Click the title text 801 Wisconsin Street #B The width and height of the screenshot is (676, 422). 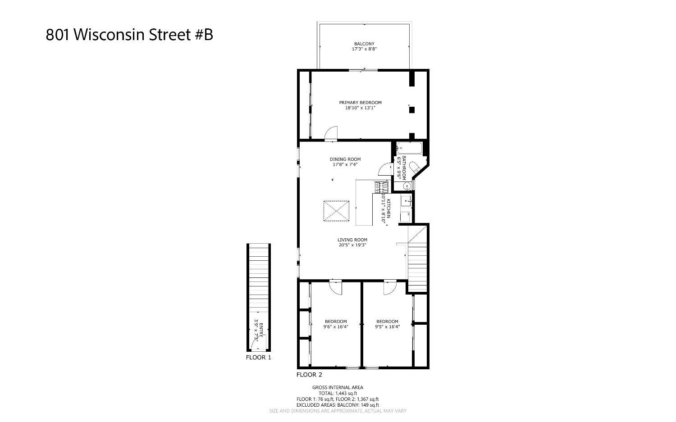tap(129, 35)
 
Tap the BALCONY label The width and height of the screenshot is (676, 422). tap(364, 44)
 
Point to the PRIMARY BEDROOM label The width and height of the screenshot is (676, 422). tap(360, 103)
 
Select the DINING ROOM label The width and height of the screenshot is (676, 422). tap(345, 159)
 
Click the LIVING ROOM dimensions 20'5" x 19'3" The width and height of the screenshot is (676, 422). tap(352, 245)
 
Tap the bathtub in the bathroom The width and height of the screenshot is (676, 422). tap(410, 148)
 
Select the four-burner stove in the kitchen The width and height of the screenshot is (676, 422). tap(381, 186)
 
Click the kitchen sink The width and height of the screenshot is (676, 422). tap(406, 201)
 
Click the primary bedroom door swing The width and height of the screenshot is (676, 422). tap(331, 133)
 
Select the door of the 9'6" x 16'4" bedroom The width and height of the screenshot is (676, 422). tap(336, 287)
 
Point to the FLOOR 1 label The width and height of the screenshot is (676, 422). tap(258, 358)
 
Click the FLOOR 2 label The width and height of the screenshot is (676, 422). tap(309, 374)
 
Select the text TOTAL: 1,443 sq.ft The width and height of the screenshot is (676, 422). tap(337, 393)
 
